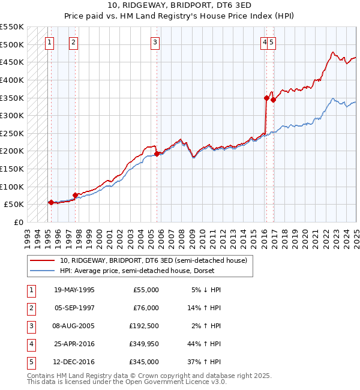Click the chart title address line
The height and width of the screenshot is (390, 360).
point(179,5)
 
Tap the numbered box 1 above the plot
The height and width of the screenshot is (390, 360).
point(49,42)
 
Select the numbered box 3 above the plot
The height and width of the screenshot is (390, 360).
point(155,42)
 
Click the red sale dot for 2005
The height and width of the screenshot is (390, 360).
point(157,154)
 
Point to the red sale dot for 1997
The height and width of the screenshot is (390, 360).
point(75,195)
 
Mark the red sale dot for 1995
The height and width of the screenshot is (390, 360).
point(51,202)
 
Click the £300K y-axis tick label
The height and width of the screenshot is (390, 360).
point(12,115)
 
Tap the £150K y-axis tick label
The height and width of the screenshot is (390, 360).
point(12,169)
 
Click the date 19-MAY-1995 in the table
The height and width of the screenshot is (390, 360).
point(74,290)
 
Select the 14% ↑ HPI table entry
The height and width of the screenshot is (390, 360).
point(205,308)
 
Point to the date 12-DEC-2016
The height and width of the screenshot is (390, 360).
point(74,362)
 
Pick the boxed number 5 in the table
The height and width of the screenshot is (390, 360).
point(29,362)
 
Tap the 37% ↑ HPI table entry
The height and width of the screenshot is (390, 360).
point(205,362)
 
